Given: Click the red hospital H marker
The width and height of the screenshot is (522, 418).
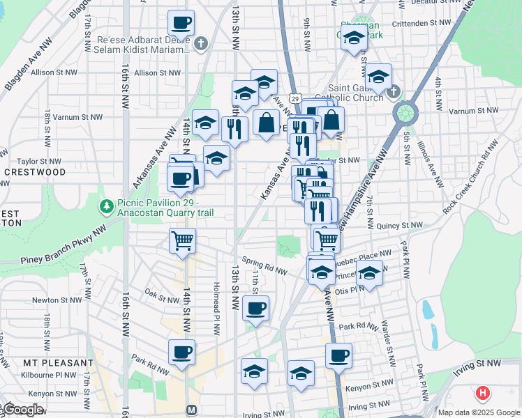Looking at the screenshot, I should (482, 394).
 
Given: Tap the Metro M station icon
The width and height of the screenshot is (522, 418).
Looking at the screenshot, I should (191, 410).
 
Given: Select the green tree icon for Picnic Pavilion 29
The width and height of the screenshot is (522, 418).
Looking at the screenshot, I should (106, 206).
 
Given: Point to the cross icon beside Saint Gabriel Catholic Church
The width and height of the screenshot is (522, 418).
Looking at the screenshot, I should (393, 92).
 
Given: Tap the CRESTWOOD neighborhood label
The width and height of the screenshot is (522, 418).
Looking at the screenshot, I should (35, 171).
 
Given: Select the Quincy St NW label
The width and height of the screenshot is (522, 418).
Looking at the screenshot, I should (399, 226).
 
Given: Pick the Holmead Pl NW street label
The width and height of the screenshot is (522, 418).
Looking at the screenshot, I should (218, 309).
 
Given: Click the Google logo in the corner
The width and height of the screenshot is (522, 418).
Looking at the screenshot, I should (22, 410).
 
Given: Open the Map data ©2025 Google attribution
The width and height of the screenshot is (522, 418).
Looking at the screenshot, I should (479, 412).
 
